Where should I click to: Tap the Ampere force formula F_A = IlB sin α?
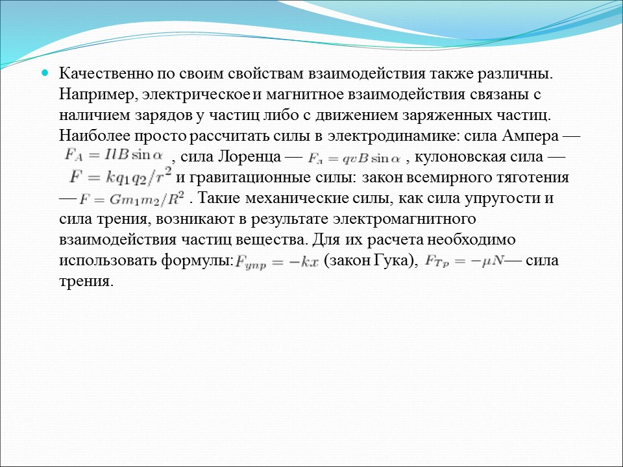pos(114,156)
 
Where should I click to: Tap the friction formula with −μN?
pos(463,261)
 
